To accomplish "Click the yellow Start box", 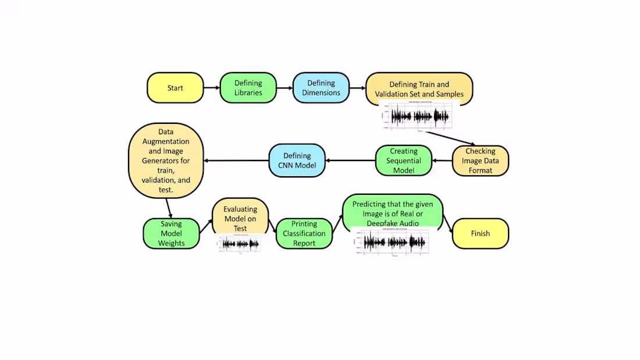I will tap(175, 88).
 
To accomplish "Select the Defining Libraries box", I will tap(248, 88).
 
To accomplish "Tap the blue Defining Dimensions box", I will tap(321, 88).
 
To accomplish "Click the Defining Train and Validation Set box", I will tap(418, 87).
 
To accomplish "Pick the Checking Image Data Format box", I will tap(480, 161).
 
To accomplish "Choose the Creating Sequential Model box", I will tap(404, 161).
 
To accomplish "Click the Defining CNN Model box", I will tap(297, 161).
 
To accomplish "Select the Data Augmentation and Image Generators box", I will tap(166, 161).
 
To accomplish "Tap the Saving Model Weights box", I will tap(171, 233).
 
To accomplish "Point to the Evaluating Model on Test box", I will tap(240, 216).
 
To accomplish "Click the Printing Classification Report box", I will tap(304, 233).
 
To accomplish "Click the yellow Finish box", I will tap(480, 233).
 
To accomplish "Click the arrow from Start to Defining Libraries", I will tap(211, 88).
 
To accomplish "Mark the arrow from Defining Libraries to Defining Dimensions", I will tap(284, 88).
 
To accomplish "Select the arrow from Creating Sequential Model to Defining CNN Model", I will tap(350, 161).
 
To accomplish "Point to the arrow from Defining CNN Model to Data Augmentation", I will tap(236, 161).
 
